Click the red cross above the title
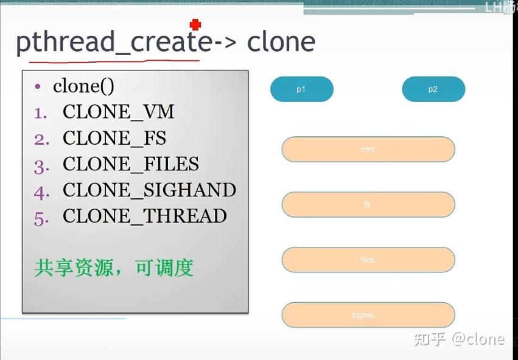195,25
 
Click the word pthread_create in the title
114,42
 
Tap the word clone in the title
281,42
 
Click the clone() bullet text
83,86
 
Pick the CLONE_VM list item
118,112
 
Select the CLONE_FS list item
114,138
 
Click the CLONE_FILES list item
130,164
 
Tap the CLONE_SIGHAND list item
149,190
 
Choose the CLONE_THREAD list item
144,216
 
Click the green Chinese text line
113,268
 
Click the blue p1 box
301,89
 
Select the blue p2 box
433,89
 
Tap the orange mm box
368,150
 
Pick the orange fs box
368,204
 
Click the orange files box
368,260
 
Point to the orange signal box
368,315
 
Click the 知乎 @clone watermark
459,339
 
